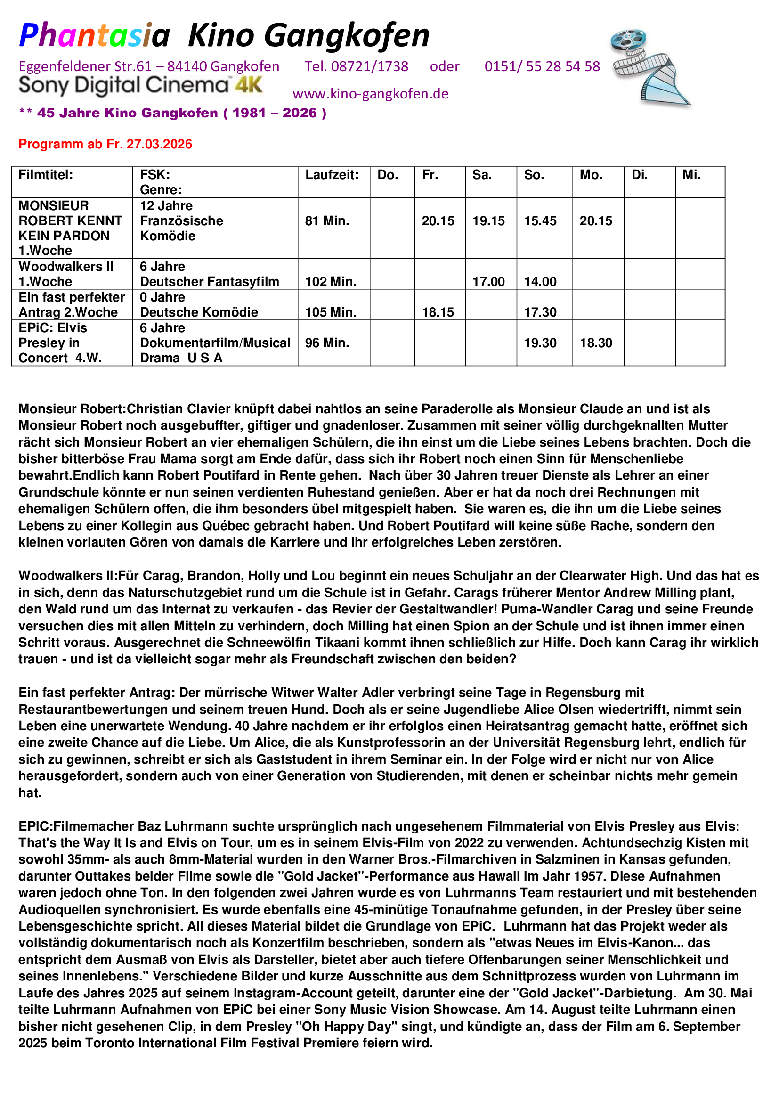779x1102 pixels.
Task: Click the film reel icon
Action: pyautogui.click(x=650, y=66)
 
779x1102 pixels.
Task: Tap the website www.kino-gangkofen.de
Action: pyautogui.click(x=370, y=94)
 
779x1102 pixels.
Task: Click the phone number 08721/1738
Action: pyautogui.click(x=369, y=66)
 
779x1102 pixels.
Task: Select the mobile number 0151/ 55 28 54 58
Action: pyautogui.click(x=542, y=66)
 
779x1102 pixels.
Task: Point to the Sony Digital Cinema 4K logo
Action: pyautogui.click(x=140, y=85)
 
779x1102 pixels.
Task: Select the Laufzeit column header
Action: pyautogui.click(x=332, y=175)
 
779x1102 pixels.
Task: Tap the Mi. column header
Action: pyautogui.click(x=691, y=175)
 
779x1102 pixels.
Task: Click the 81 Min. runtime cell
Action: pyautogui.click(x=327, y=221)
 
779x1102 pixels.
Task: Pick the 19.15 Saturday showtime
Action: pyautogui.click(x=488, y=221)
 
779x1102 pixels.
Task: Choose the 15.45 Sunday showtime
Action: pyautogui.click(x=540, y=221)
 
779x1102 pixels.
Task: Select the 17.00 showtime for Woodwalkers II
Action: pyautogui.click(x=488, y=281)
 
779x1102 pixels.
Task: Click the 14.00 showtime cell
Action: pyautogui.click(x=540, y=281)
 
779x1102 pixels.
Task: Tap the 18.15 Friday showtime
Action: pyautogui.click(x=438, y=312)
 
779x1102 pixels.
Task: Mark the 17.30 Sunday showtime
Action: pyautogui.click(x=540, y=312)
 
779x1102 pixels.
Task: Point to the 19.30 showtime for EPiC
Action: pyautogui.click(x=540, y=343)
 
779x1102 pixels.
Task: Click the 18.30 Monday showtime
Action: pyautogui.click(x=596, y=343)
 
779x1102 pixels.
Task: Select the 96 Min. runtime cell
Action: pyautogui.click(x=327, y=343)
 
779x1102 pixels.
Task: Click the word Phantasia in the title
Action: pyautogui.click(x=95, y=35)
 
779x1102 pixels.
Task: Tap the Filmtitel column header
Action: pyautogui.click(x=46, y=175)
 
